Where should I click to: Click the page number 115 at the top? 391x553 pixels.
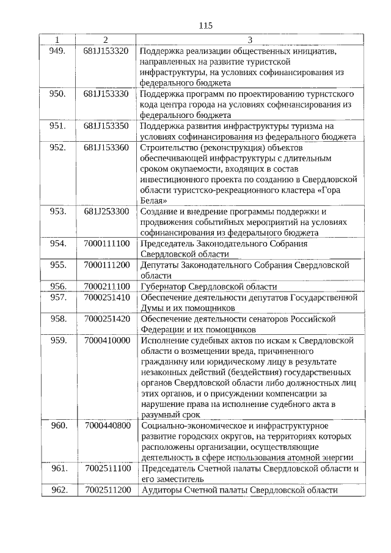tap(205, 26)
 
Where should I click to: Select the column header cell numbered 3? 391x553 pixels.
tap(249, 40)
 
